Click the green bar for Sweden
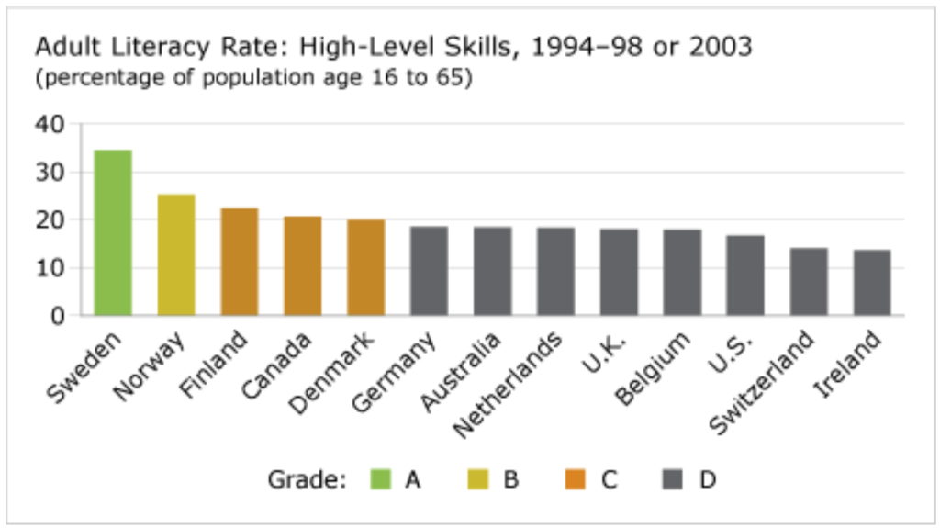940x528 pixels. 113,233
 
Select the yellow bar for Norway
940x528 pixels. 176,255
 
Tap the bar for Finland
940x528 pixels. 240,263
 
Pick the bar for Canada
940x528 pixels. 302,266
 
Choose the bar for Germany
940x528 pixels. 429,272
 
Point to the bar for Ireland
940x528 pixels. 871,283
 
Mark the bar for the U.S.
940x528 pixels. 745,275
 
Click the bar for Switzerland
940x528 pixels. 809,282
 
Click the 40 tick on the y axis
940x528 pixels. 52,124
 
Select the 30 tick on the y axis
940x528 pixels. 52,173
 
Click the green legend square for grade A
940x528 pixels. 380,478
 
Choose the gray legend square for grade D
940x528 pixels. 673,478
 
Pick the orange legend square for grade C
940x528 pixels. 576,478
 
